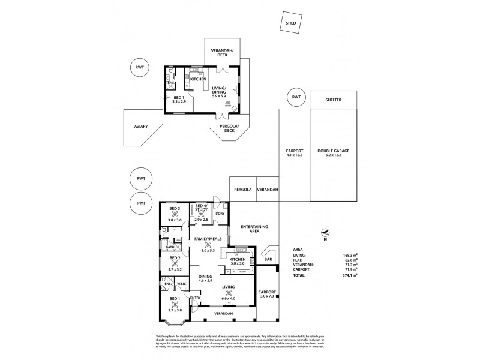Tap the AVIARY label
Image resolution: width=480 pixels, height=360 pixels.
pos(142,127)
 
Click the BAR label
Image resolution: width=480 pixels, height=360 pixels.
pos(268,260)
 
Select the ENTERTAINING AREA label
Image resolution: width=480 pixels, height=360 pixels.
pos(254,229)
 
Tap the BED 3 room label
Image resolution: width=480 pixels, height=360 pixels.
pos(175,208)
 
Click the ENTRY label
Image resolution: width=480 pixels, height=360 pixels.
pos(195,298)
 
